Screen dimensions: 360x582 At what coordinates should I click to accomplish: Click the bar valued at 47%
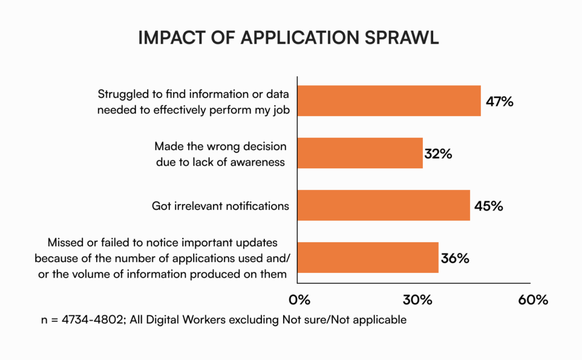(389, 101)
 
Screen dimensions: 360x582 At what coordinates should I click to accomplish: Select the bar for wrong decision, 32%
(360, 153)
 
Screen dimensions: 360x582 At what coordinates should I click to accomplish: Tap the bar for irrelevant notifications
(384, 205)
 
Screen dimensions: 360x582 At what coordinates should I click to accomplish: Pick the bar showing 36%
(368, 258)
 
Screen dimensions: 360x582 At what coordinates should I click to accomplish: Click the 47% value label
(500, 102)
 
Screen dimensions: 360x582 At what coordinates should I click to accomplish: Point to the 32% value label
(438, 154)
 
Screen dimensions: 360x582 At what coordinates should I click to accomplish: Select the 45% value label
(489, 206)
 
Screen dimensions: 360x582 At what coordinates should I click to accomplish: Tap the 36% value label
(455, 258)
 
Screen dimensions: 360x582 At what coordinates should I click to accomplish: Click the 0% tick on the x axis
(300, 300)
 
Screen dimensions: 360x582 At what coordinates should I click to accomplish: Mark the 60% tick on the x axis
(533, 300)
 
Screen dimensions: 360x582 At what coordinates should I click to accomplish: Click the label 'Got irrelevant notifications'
(220, 206)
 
